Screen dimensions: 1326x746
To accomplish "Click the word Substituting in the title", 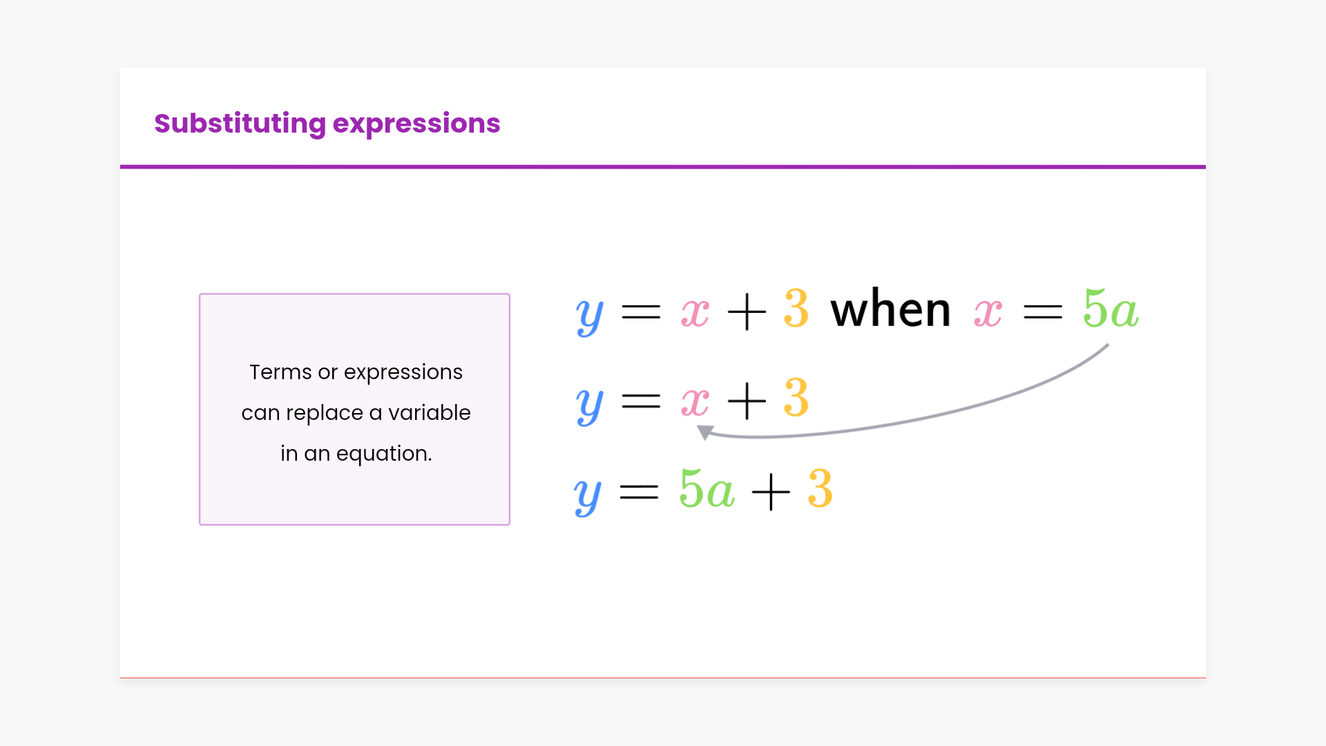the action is (x=240, y=124).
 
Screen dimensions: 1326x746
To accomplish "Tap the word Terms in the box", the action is (x=280, y=372).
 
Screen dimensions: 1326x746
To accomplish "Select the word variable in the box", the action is (x=429, y=412).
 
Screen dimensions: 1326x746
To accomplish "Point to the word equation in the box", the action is (x=384, y=455).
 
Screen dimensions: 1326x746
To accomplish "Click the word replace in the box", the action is (x=324, y=414).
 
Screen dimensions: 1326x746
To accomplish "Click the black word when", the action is (x=890, y=309).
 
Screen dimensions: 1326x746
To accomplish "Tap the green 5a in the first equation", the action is (x=1111, y=309).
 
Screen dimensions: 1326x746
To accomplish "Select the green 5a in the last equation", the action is (x=707, y=489).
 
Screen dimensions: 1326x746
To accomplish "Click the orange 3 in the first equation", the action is (x=796, y=309).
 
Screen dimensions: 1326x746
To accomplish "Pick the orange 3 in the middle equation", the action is (x=796, y=398).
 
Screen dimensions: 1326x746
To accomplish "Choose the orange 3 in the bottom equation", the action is (x=820, y=489).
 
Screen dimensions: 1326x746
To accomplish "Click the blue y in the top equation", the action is (x=590, y=316).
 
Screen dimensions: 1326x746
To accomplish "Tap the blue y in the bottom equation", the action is (x=588, y=495).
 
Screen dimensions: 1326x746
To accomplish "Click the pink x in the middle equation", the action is (x=695, y=401).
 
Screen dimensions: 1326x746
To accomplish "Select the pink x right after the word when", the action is (x=988, y=312).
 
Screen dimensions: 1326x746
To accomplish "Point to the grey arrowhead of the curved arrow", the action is (x=704, y=432).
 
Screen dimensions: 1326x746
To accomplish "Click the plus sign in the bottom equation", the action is (x=771, y=492).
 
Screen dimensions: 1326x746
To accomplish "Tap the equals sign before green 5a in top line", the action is (x=1043, y=313).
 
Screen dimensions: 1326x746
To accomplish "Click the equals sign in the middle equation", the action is (x=642, y=401).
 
